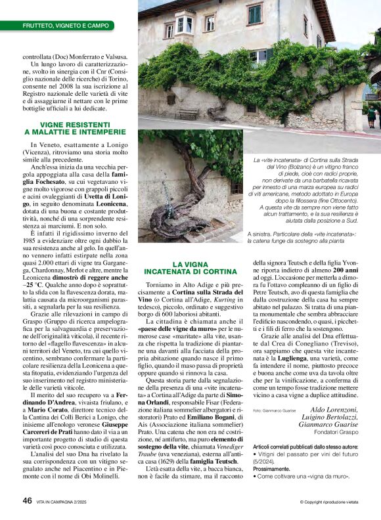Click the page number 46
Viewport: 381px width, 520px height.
coord(27,500)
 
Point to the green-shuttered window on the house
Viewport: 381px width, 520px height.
coord(254,13)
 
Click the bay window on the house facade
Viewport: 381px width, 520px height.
coord(185,23)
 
